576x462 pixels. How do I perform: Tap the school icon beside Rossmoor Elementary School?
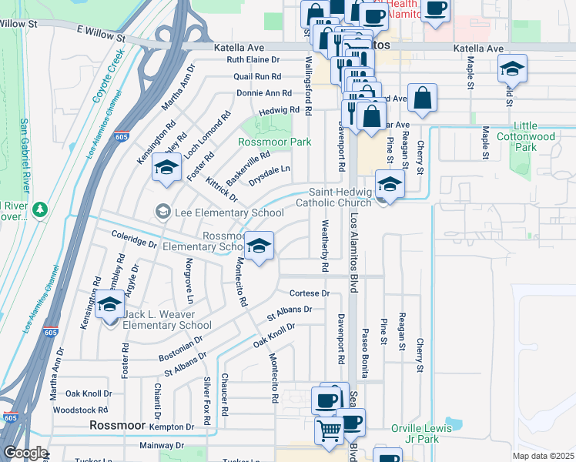[259, 246]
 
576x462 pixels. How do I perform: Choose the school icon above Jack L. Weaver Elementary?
[109, 304]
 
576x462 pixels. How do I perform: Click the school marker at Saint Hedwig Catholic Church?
[390, 186]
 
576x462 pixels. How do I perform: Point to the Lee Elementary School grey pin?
[162, 211]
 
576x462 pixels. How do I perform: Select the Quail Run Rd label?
[257, 76]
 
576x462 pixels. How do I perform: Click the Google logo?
[25, 453]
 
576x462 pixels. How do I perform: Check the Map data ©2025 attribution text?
[543, 456]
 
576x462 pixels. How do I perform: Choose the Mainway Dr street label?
[162, 445]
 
